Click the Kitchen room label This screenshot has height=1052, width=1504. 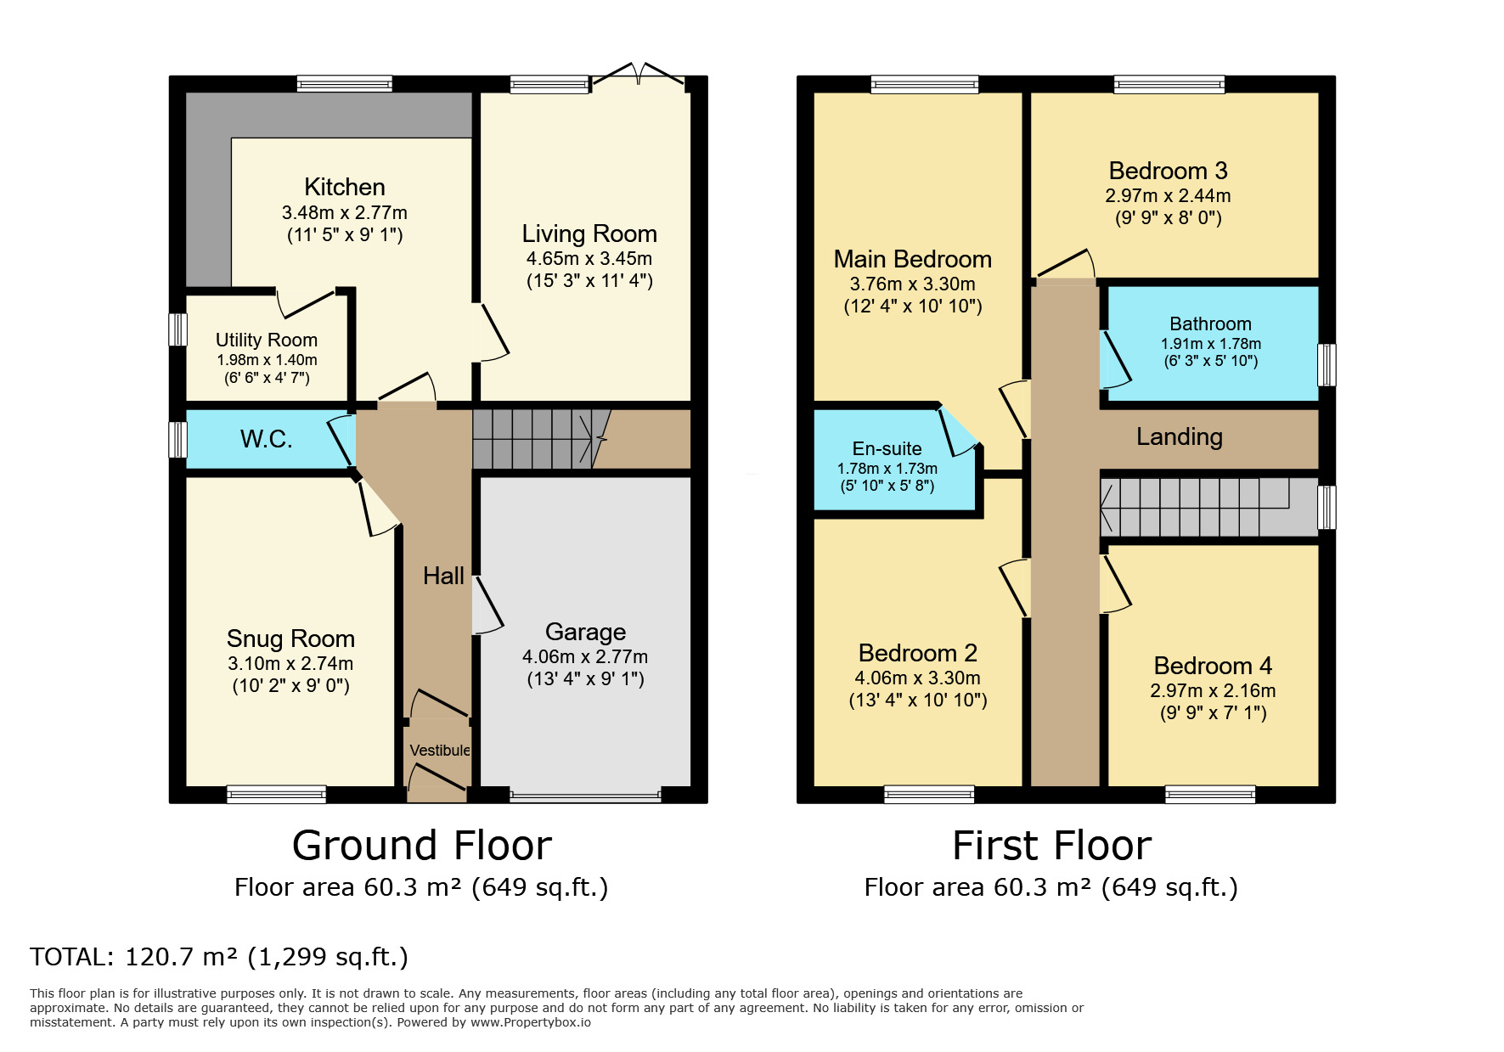tap(344, 187)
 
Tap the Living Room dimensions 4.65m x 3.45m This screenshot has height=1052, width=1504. tap(589, 258)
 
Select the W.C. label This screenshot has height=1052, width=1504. tap(266, 439)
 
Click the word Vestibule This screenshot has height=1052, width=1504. tap(439, 751)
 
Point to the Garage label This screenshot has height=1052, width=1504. tap(585, 632)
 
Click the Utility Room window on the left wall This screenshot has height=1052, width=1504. tap(177, 329)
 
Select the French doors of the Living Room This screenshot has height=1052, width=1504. tap(638, 76)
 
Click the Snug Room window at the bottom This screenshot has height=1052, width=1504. tap(277, 795)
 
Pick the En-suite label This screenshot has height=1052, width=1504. tap(887, 448)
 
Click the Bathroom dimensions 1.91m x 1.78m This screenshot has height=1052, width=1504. tap(1210, 344)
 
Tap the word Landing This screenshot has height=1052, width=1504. tap(1179, 436)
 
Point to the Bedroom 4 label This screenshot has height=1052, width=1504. tap(1212, 666)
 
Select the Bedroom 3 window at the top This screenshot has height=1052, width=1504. tap(1169, 84)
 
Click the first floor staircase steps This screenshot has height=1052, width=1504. tap(1197, 507)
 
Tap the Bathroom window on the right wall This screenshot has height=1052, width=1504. tap(1326, 364)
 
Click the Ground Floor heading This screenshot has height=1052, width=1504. tap(421, 846)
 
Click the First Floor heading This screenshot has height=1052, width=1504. tap(1051, 846)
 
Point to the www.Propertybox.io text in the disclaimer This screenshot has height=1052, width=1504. tap(530, 1022)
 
